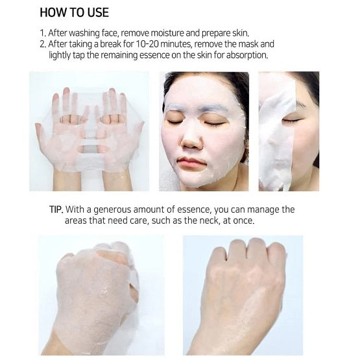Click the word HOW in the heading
pos(53,13)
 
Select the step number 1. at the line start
pos(43,32)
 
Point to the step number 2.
pos(43,44)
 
